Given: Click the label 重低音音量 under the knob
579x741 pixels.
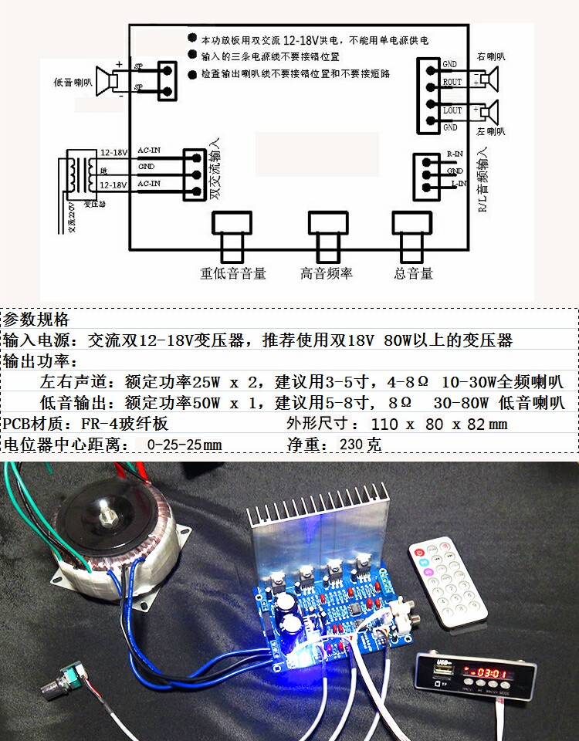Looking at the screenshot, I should click(x=233, y=273).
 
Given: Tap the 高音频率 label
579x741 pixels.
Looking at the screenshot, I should click(x=327, y=273).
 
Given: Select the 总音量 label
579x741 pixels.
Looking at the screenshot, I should click(x=413, y=273).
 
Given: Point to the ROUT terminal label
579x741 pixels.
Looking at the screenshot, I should click(x=452, y=81).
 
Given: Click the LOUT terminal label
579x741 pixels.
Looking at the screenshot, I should click(x=452, y=110).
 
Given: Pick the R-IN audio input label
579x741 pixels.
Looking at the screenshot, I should click(x=455, y=154).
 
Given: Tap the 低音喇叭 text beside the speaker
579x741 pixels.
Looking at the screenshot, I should click(x=73, y=82).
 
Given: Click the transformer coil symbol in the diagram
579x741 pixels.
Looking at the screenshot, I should click(x=75, y=174).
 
